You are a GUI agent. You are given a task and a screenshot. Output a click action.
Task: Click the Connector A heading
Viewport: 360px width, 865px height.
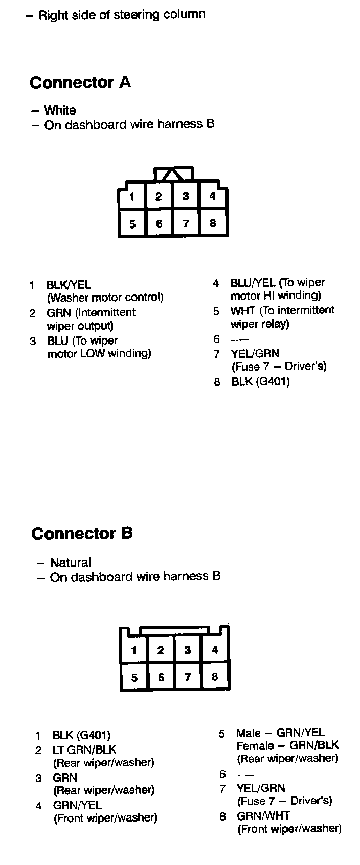tap(80, 82)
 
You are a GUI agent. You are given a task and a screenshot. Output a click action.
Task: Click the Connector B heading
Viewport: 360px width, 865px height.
tap(82, 534)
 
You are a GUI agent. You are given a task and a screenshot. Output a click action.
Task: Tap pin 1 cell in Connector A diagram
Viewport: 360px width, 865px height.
tap(132, 197)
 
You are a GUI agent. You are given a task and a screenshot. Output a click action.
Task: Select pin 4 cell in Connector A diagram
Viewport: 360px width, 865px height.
tap(213, 196)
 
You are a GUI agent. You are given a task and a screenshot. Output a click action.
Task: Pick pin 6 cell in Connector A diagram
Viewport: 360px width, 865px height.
tap(159, 224)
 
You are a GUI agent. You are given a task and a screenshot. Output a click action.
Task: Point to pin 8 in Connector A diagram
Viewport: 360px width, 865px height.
tap(213, 223)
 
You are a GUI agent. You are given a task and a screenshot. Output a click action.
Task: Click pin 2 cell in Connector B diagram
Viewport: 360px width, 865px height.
tap(161, 650)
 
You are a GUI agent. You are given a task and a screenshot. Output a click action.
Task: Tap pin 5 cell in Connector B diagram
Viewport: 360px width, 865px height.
tap(134, 678)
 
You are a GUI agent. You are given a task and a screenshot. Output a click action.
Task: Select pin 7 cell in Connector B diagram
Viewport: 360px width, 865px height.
tap(188, 677)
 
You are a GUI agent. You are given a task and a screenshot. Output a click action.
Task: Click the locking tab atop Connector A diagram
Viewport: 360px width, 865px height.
tap(173, 174)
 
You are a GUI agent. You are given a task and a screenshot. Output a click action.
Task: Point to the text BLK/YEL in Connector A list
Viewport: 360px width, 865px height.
tap(69, 285)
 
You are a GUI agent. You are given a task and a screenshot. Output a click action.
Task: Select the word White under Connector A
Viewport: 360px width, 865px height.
tap(60, 110)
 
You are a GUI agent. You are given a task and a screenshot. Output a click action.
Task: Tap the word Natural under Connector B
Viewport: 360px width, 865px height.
tap(71, 563)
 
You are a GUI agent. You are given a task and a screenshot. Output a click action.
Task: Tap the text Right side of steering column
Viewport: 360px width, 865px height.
tap(122, 15)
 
